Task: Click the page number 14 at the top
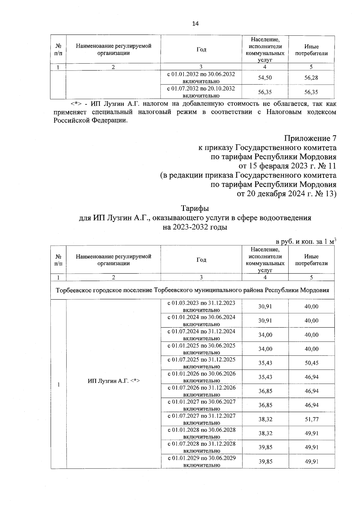[x=195, y=24]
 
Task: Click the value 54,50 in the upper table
[x=265, y=78]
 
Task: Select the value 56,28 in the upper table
[x=311, y=78]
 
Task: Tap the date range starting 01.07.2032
[x=201, y=92]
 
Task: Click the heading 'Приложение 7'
[x=310, y=139]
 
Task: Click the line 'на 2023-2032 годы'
[x=195, y=227]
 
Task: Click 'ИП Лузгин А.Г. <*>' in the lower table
[x=114, y=381]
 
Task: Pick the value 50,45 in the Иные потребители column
[x=311, y=363]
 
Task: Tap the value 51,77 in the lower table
[x=311, y=419]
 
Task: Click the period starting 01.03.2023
[x=201, y=306]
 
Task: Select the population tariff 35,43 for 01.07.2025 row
[x=265, y=363]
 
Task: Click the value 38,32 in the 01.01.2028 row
[x=265, y=433]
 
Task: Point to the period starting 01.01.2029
[x=201, y=461]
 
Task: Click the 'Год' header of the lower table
[x=201, y=260]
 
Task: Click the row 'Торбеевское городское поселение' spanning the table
[x=192, y=290]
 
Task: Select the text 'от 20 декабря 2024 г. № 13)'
[x=286, y=194]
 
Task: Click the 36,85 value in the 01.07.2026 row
[x=265, y=391]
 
